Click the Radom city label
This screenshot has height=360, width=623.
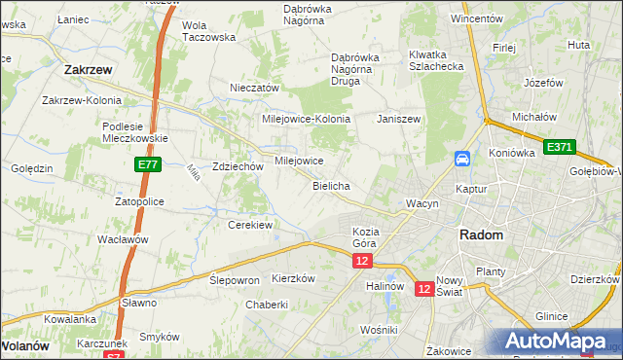(481, 235)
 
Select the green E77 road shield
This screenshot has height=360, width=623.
(146, 166)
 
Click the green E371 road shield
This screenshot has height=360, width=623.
(559, 147)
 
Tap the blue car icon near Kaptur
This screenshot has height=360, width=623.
(462, 159)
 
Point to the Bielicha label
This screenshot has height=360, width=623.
(331, 185)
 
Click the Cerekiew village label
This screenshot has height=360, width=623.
(250, 225)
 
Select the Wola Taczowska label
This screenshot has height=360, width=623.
(209, 31)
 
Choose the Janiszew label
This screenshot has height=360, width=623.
(398, 119)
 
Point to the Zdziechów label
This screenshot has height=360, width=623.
(238, 166)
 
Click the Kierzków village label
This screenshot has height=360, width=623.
(293, 278)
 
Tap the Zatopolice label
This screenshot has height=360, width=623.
(139, 201)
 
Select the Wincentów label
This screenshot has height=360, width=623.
(476, 18)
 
